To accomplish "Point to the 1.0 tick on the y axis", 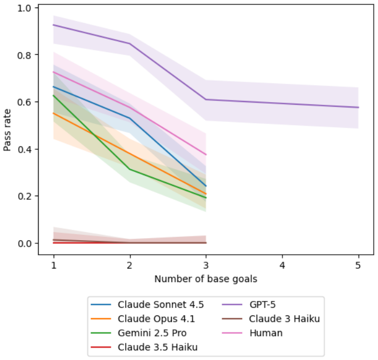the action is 24,9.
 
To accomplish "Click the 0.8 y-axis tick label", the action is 24,55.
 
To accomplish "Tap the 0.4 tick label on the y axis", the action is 24,149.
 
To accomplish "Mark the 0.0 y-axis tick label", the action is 24,243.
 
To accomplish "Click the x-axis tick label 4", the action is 282,265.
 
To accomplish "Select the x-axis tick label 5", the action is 358,265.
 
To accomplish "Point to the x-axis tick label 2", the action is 130,265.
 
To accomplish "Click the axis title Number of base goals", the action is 206,279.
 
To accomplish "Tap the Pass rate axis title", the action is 7,130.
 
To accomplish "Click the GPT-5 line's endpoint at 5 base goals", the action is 359,107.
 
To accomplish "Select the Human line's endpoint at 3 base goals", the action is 206,154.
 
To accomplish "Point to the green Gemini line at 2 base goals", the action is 130,169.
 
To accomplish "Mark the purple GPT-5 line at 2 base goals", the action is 130,44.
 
